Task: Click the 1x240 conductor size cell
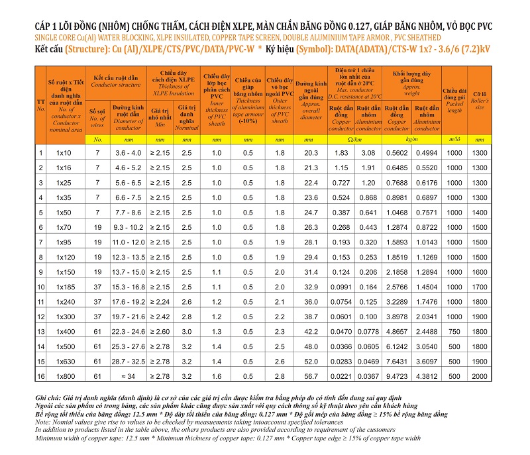pyautogui.click(x=66, y=301)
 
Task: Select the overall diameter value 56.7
pyautogui.click(x=311, y=376)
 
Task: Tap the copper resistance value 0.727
pyautogui.click(x=341, y=183)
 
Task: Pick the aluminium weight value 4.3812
pyautogui.click(x=427, y=376)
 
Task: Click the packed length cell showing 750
pyautogui.click(x=454, y=331)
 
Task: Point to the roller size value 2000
pyautogui.click(x=479, y=376)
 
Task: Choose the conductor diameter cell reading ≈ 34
pyautogui.click(x=128, y=376)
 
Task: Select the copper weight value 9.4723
pyautogui.click(x=397, y=376)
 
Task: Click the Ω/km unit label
pyautogui.click(x=354, y=139)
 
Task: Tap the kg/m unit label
pyautogui.click(x=411, y=139)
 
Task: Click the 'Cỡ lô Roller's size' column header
pyautogui.click(x=479, y=100)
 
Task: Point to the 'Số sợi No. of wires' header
pyautogui.click(x=97, y=118)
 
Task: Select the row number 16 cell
pyautogui.click(x=40, y=376)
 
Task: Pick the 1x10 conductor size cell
pyautogui.click(x=64, y=153)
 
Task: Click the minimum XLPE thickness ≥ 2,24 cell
pyautogui.click(x=160, y=301)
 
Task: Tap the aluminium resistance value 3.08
pyautogui.click(x=368, y=153)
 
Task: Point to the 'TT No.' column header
pyautogui.click(x=40, y=105)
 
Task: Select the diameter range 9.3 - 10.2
pyautogui.click(x=128, y=227)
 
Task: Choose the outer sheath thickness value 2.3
pyautogui.click(x=280, y=331)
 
